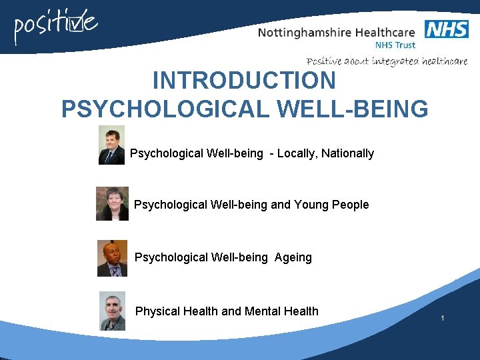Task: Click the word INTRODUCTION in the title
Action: [x=244, y=81]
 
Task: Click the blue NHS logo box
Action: [x=446, y=29]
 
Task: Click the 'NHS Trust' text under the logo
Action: [x=395, y=45]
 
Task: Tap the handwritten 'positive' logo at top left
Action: [x=57, y=27]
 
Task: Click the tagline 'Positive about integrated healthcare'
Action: [x=387, y=61]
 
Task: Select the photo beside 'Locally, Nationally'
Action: [x=111, y=145]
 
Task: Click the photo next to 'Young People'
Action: [x=112, y=203]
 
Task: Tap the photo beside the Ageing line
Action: [x=112, y=258]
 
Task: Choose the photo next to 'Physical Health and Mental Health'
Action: [x=112, y=311]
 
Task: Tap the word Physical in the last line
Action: [x=157, y=311]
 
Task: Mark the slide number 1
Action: [x=442, y=319]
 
